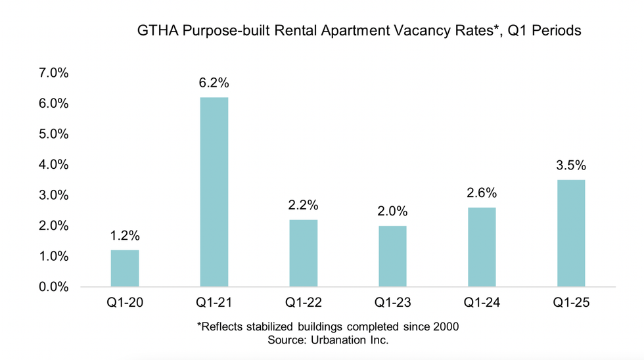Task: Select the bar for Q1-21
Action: coord(214,192)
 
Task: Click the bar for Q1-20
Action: coord(125,268)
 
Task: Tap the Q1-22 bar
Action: coord(303,253)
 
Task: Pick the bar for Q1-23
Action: coord(392,256)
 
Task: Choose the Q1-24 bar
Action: coord(482,247)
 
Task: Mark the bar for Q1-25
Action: coord(571,233)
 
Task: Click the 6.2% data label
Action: coord(214,83)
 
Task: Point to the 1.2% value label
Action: coord(125,236)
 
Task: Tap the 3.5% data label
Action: coord(571,166)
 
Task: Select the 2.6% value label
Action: coord(482,193)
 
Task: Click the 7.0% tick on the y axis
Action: coord(54,73)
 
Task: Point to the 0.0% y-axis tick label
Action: coord(54,287)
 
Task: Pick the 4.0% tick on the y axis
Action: coord(54,165)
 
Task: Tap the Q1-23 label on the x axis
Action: coord(392,304)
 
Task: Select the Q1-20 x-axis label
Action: coord(125,304)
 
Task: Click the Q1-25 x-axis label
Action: coord(571,304)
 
